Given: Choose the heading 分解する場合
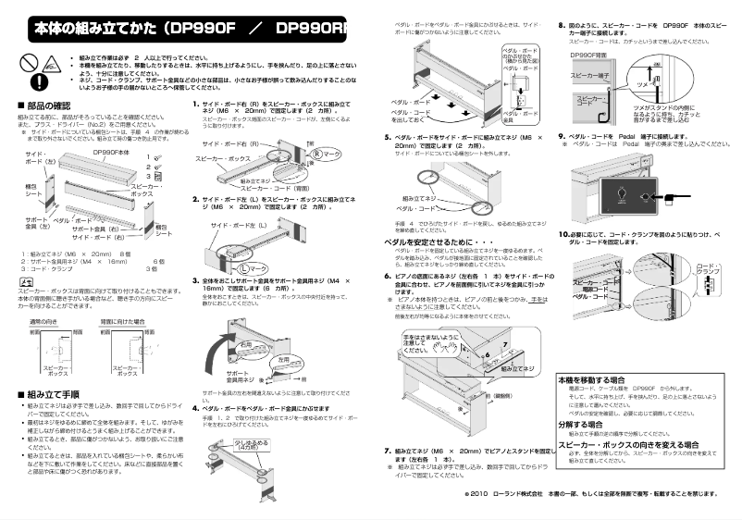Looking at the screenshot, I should coord(582,423).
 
